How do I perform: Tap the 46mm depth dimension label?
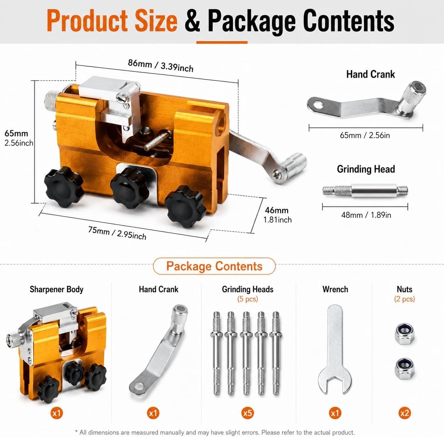click(277, 210)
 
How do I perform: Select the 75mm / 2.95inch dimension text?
click(117, 233)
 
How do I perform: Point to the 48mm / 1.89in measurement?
click(366, 215)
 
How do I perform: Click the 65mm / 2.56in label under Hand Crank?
click(365, 135)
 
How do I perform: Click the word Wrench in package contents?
click(335, 289)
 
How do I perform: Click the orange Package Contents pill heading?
click(214, 266)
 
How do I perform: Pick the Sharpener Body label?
click(56, 289)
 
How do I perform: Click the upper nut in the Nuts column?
click(405, 334)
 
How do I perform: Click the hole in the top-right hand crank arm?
click(318, 105)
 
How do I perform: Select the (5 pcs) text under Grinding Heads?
click(248, 299)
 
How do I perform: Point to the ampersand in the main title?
click(192, 21)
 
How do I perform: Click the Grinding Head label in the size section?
click(366, 169)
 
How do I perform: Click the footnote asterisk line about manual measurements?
click(215, 432)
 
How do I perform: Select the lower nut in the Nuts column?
click(405, 369)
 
